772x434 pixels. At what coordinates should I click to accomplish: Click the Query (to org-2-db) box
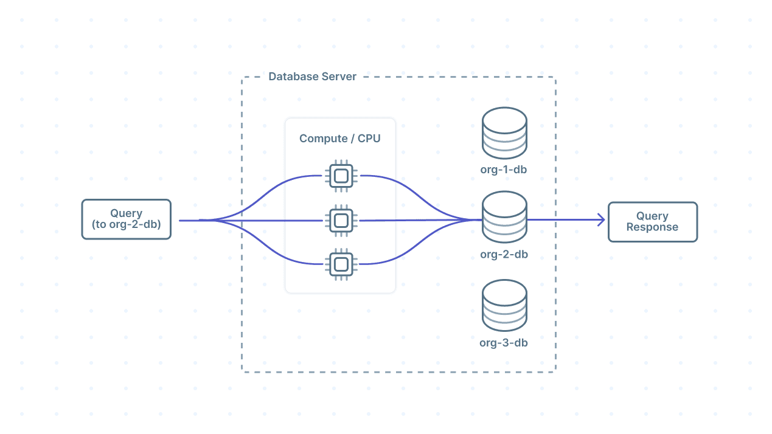[x=126, y=219]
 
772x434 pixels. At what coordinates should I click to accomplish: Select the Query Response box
[x=652, y=222]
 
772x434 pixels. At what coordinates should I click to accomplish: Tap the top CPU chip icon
[x=341, y=176]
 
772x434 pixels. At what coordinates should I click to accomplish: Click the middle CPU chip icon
[x=341, y=220]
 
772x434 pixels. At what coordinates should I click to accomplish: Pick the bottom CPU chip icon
[x=341, y=264]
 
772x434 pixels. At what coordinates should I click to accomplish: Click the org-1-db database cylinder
[x=504, y=133]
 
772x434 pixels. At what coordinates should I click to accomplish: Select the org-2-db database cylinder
[x=504, y=217]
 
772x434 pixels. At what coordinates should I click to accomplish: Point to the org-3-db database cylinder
[x=504, y=306]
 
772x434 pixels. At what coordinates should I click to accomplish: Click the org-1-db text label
[x=503, y=170]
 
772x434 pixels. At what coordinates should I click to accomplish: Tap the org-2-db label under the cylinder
[x=503, y=254]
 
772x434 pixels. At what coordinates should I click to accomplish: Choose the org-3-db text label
[x=503, y=343]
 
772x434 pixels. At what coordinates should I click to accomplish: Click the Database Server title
[x=312, y=77]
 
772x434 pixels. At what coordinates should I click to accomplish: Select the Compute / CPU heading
[x=339, y=139]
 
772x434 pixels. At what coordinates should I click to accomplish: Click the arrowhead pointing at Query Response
[x=600, y=220]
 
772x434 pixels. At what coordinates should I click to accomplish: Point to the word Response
[x=652, y=227]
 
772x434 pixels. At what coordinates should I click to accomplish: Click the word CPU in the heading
[x=369, y=139]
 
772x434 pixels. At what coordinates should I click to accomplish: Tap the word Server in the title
[x=340, y=77]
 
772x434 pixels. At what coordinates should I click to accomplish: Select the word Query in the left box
[x=126, y=213]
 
